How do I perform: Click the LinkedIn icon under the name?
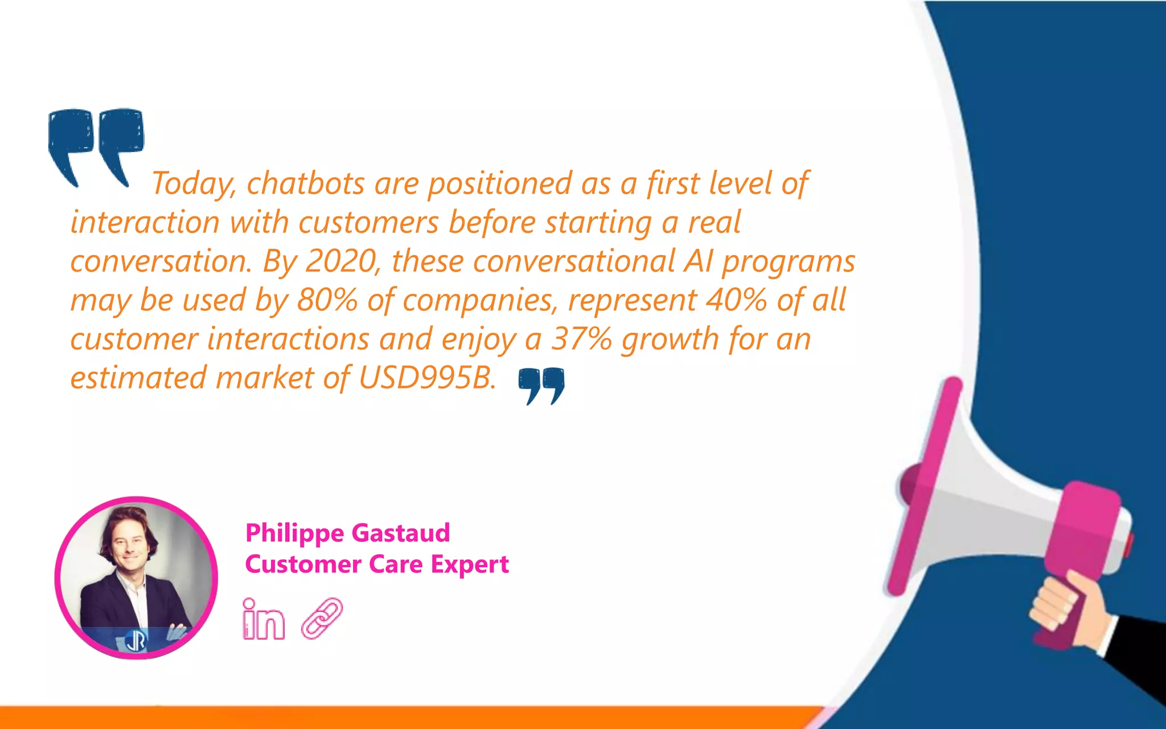263,619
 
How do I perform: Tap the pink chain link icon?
322,618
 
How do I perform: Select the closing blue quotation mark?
541,385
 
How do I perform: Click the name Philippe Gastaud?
347,533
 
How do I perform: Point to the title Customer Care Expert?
377,564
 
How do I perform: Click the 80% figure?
327,300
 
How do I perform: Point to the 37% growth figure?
581,339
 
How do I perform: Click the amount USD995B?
427,378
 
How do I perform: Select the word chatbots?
306,184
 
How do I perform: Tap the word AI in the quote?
698,261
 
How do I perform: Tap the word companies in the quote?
478,300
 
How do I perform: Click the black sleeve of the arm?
1136,655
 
